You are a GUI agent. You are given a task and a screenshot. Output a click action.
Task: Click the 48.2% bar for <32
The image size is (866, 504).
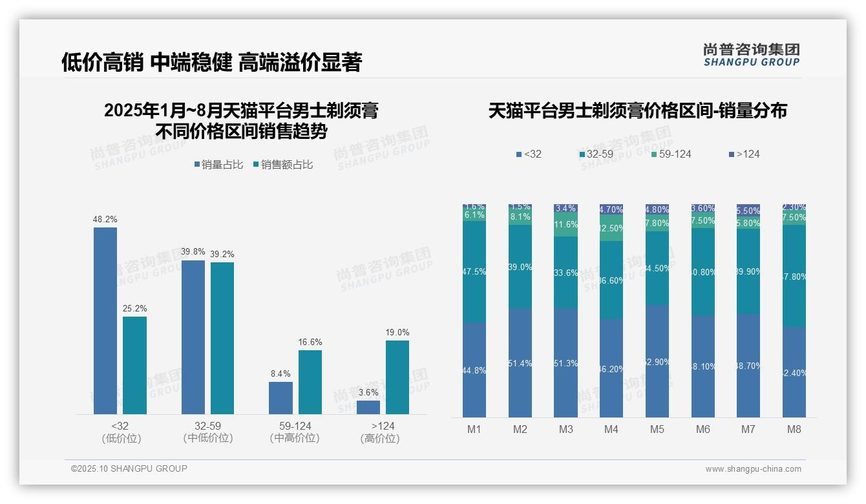105,320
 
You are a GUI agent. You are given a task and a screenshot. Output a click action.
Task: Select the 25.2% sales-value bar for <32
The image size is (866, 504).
134,365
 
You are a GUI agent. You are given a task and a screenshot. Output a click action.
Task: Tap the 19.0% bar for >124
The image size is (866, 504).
397,377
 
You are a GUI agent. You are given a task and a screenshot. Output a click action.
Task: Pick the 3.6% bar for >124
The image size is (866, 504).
368,407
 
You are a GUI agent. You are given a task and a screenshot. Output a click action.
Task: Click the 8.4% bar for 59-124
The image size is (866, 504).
280,397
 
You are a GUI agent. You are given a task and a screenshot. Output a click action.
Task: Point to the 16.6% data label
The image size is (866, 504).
310,342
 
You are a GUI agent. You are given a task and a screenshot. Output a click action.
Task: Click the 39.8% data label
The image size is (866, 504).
193,252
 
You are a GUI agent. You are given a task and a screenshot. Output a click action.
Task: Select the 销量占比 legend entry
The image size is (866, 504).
218,165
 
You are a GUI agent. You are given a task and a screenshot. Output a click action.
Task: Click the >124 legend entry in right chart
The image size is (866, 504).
745,154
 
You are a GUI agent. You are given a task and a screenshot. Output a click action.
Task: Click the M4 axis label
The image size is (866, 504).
611,429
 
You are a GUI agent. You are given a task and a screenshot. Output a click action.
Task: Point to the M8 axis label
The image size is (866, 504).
794,429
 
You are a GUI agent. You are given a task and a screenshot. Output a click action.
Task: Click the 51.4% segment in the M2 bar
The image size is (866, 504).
520,362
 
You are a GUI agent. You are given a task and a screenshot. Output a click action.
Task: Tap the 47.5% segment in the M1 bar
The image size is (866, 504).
474,271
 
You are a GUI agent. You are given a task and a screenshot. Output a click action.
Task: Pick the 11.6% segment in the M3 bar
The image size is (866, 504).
566,225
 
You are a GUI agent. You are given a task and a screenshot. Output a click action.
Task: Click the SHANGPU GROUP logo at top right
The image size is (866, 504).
751,55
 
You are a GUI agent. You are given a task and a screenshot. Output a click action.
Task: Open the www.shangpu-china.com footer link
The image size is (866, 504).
753,469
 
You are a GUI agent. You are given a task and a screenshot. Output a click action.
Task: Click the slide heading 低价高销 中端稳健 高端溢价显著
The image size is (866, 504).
212,62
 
